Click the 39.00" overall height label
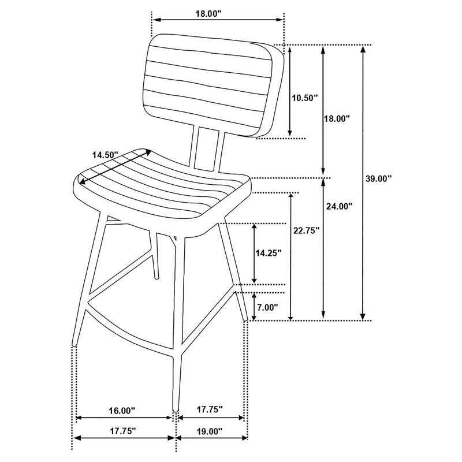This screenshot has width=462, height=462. click(379, 178)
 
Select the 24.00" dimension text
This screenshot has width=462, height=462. click(339, 206)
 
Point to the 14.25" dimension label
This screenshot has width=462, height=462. click(269, 252)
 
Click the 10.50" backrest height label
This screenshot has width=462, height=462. click(304, 98)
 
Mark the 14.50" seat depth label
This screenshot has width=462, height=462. click(105, 155)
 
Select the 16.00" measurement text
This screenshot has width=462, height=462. click(121, 411)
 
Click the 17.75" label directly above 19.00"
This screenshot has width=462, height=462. click(209, 409)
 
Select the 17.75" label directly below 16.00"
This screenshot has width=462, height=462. click(121, 431)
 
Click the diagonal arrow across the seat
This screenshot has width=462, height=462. click(115, 168)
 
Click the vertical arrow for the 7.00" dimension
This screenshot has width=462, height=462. click(254, 306)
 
